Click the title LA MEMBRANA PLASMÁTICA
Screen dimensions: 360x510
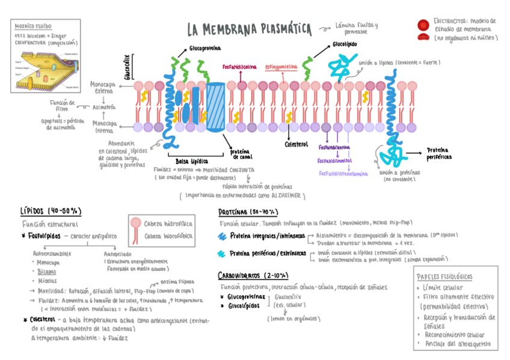(249, 28)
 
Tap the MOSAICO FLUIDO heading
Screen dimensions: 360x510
(33, 27)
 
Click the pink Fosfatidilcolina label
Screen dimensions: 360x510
(239, 67)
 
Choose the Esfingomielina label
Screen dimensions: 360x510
(281, 67)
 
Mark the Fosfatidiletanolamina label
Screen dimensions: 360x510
(343, 173)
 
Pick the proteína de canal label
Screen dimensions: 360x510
(242, 154)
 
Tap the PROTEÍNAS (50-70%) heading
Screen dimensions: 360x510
(247, 212)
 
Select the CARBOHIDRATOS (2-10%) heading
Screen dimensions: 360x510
(253, 275)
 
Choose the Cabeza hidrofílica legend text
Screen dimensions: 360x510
(169, 223)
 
